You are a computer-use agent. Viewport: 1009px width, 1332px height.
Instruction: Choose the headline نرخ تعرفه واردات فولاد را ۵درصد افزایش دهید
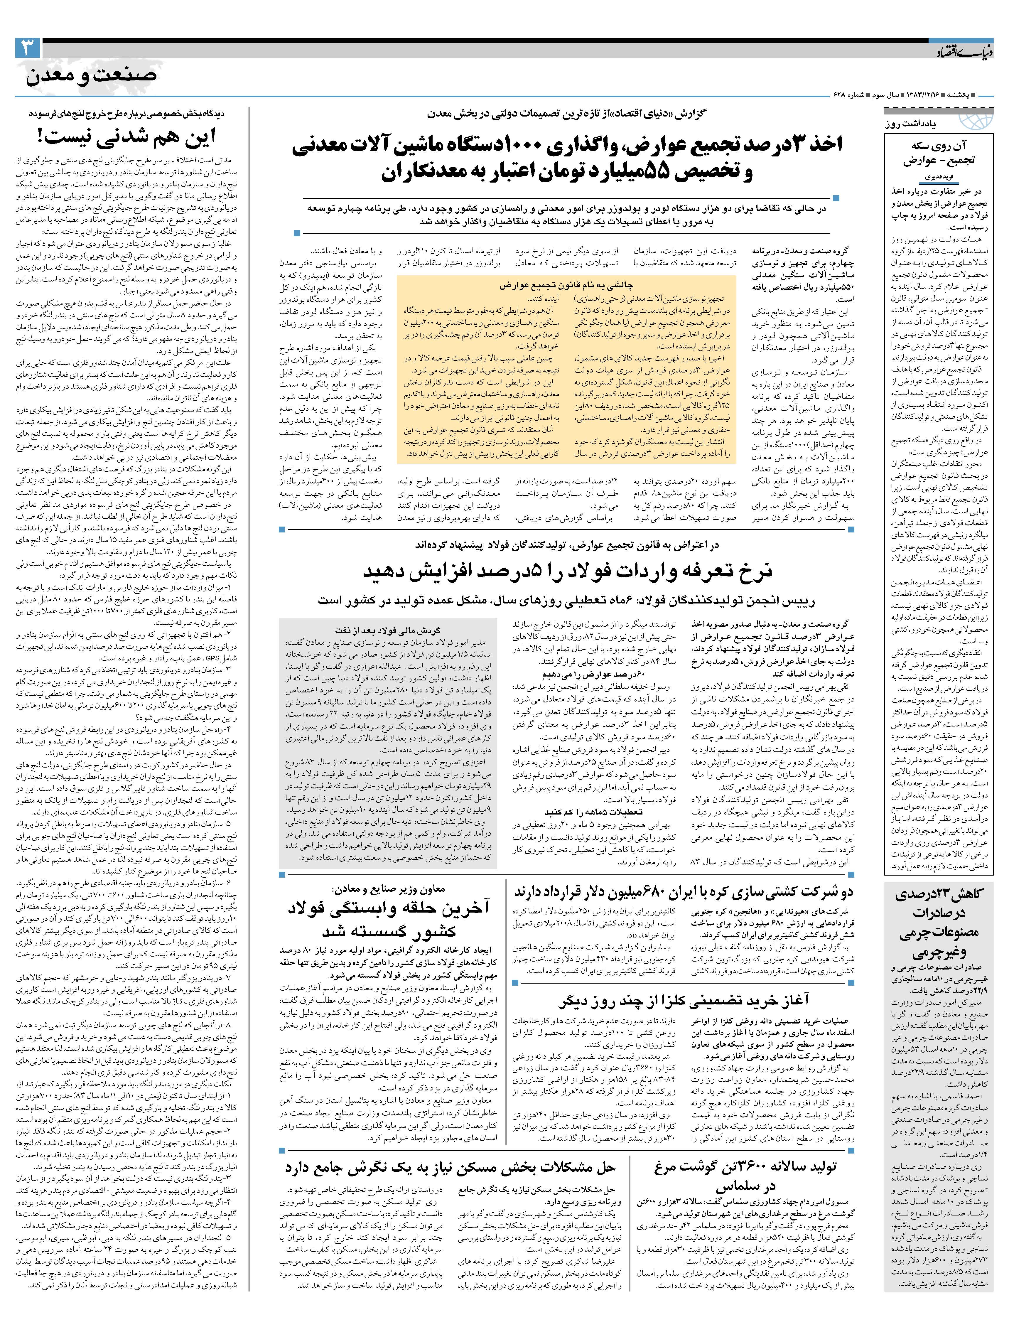coord(567,571)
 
